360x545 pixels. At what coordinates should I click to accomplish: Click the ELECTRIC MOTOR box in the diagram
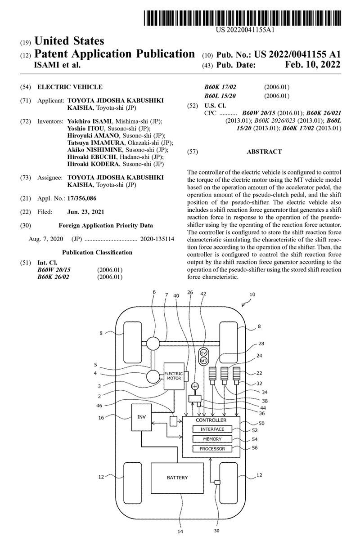coord(173,375)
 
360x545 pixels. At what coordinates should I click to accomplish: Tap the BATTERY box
coord(177,477)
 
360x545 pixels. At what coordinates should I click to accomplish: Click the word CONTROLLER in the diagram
coord(211,420)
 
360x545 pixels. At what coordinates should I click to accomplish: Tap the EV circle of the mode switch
coord(203,353)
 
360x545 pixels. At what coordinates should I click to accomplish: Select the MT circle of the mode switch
coord(203,361)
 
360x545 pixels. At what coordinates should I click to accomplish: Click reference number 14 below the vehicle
coord(180,532)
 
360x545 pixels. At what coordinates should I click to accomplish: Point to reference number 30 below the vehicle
coord(216,531)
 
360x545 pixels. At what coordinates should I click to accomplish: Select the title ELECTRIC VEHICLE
coord(70,87)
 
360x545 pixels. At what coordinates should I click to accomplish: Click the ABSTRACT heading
coord(264,152)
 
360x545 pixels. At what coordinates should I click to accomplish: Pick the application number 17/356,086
coord(81,198)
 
